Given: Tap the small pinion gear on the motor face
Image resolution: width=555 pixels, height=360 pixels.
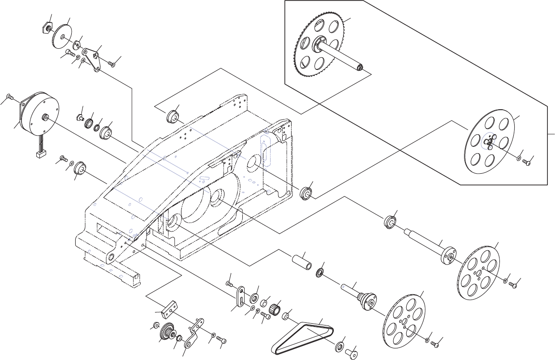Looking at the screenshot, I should tap(45, 117).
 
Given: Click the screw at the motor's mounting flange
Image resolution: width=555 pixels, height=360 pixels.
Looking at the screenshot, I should tap(10, 97).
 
